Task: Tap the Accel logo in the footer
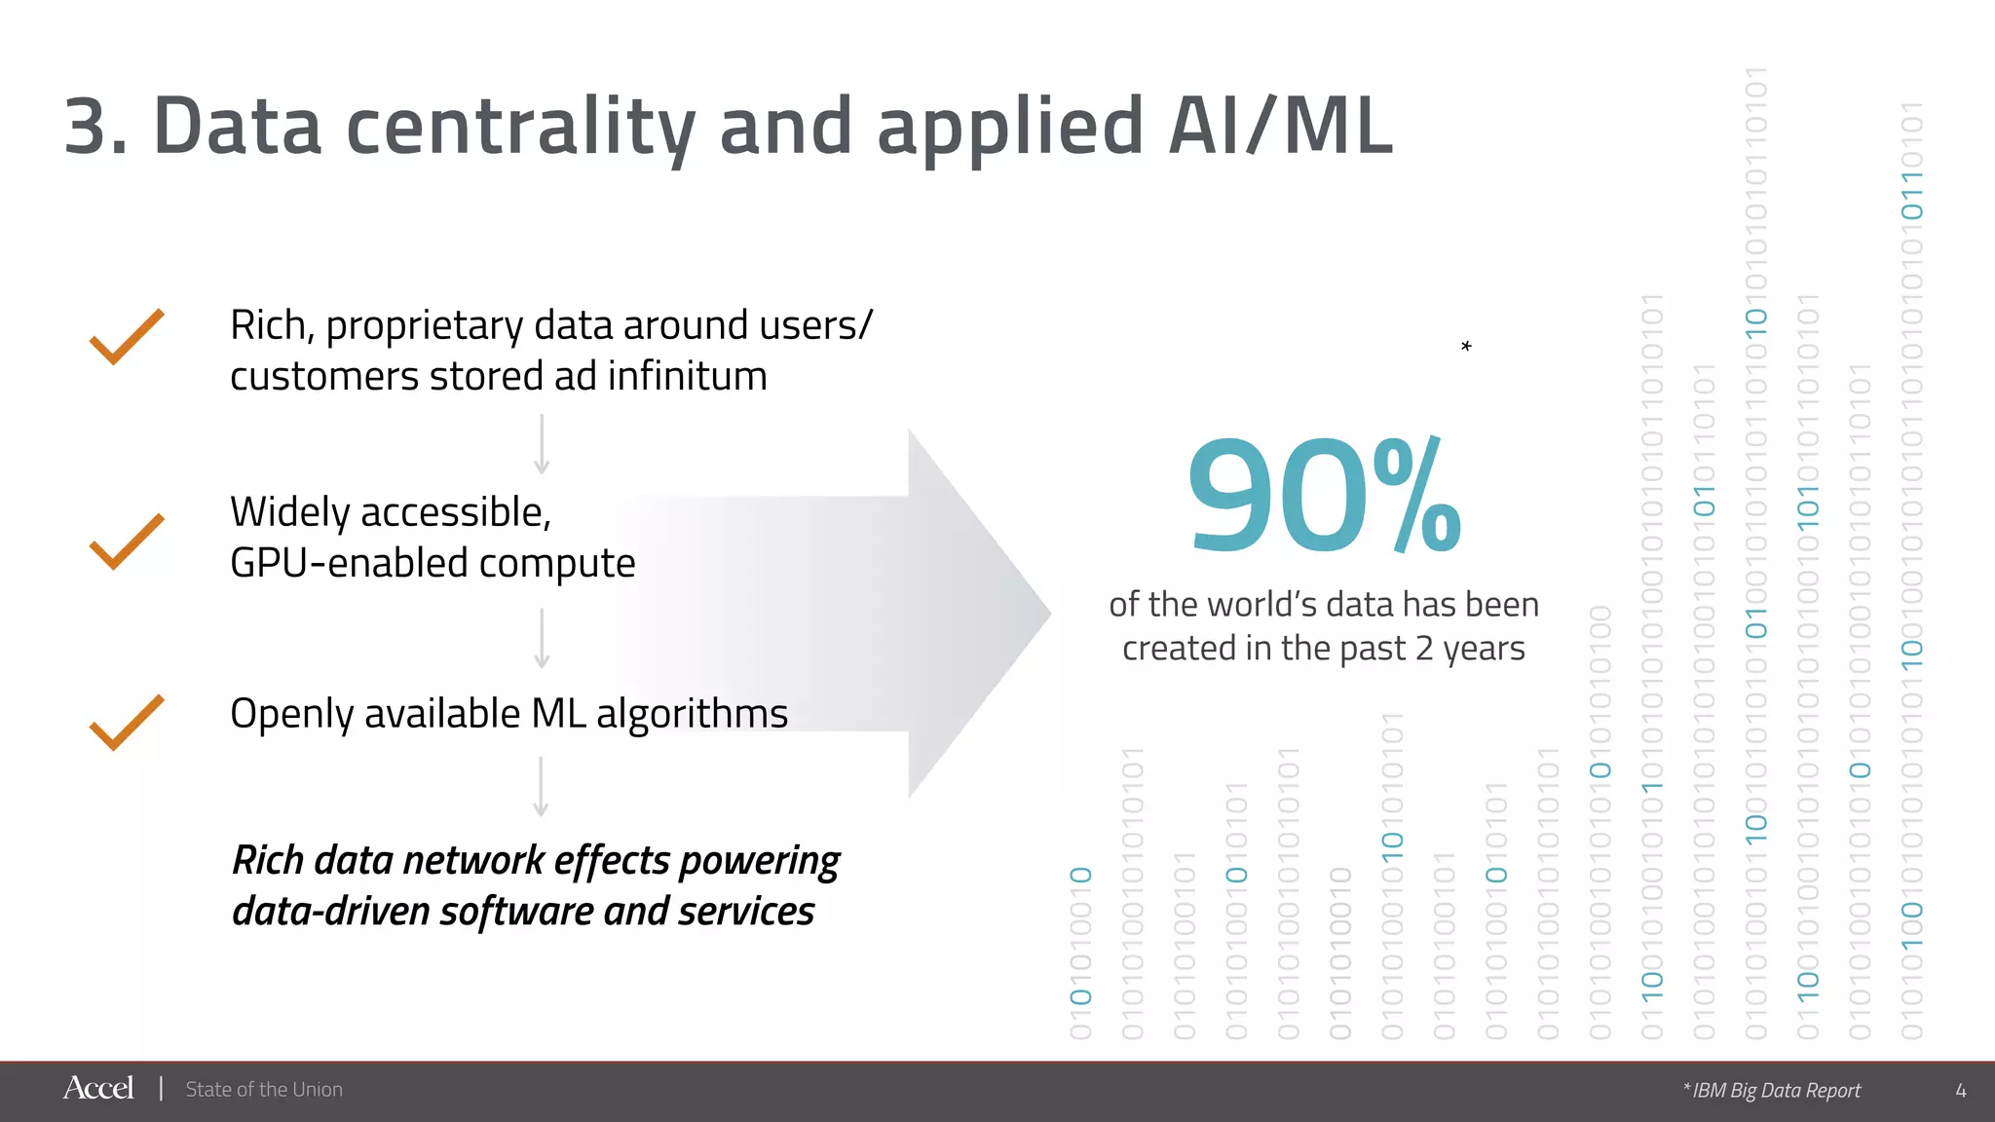pos(98,1088)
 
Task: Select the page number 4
pos(1960,1090)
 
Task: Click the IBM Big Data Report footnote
pos(1773,1090)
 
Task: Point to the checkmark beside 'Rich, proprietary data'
pos(127,337)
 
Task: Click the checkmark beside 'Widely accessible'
pos(127,541)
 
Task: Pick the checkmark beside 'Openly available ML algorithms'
pos(127,723)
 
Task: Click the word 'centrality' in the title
pos(520,127)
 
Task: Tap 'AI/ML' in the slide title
pos(1280,127)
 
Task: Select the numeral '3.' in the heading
pos(95,127)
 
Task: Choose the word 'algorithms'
pos(692,714)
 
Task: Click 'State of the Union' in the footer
pos(264,1089)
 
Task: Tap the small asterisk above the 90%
pos(1466,347)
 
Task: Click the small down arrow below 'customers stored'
pos(542,445)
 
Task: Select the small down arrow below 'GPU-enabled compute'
pos(542,639)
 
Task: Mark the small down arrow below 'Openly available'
pos(542,787)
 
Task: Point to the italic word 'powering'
pos(760,861)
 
